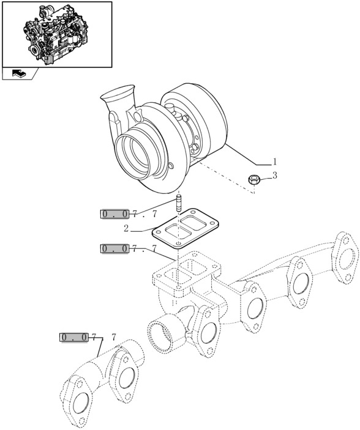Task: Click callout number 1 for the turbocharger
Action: point(275,162)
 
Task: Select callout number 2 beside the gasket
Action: point(126,229)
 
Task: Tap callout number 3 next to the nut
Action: point(275,176)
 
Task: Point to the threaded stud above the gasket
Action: point(179,202)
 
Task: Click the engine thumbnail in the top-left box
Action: point(56,34)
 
